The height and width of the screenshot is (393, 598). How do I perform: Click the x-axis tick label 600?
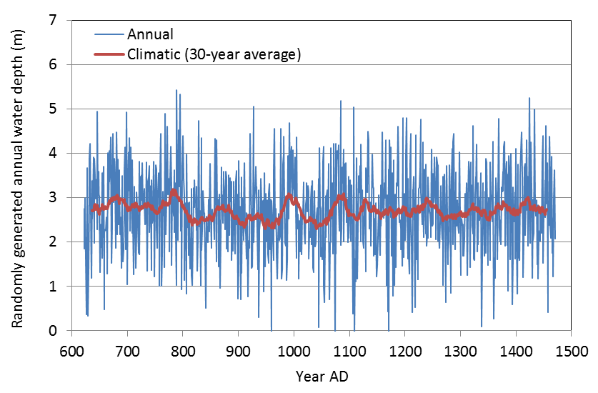[71, 352]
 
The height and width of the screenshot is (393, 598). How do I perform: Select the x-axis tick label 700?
[127, 352]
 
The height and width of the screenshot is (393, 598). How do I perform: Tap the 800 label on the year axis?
[183, 352]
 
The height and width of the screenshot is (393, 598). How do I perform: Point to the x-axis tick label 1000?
[294, 352]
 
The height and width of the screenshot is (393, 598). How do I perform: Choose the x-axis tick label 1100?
[349, 352]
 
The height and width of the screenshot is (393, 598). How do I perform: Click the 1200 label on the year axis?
[404, 352]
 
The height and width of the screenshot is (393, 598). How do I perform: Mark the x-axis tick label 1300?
[460, 352]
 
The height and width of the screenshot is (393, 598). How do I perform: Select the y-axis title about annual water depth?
[17, 175]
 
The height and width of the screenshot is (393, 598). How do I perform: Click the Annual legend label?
[150, 34]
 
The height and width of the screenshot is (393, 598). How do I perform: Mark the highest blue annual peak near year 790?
[176, 91]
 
